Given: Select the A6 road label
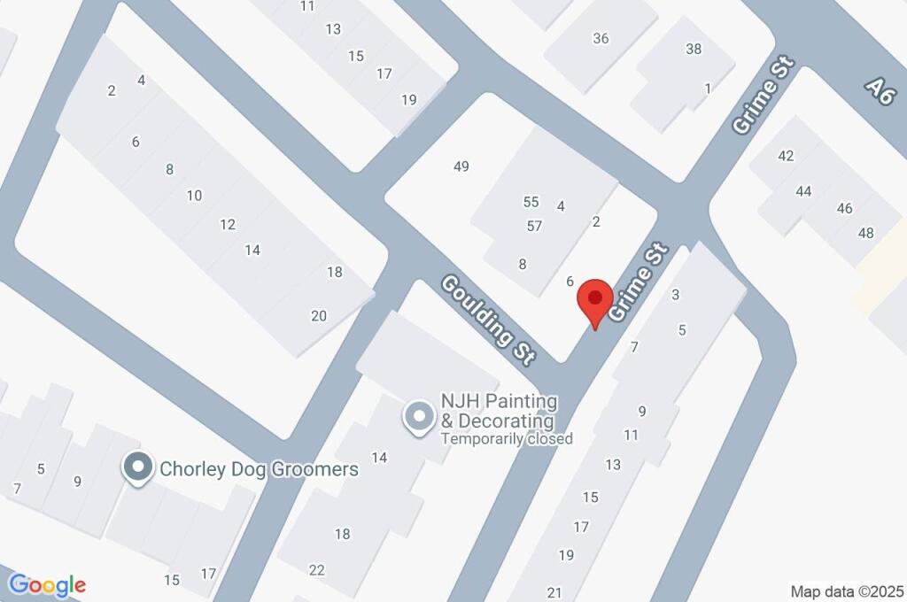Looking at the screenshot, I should coord(879,90).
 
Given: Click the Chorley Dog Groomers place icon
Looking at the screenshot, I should coord(136,469).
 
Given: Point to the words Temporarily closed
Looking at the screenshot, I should coord(507,438).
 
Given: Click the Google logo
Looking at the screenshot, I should coord(47,585).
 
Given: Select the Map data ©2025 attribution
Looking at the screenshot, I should coord(847,591).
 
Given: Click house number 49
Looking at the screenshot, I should coord(461,166).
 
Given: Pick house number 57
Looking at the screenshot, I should coord(534,226).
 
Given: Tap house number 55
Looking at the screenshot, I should coord(531,202).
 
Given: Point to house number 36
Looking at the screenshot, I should coord(601,38).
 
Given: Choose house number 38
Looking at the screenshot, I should coord(694,50).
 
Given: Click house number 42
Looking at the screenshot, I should coord(786,156).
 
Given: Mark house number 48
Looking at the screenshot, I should coord(865,234).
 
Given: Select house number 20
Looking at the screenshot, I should coord(319,316).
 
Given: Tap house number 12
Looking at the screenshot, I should coord(228,225).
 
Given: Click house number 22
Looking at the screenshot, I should coord(317,570).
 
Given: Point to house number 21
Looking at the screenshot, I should coord(555,592).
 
